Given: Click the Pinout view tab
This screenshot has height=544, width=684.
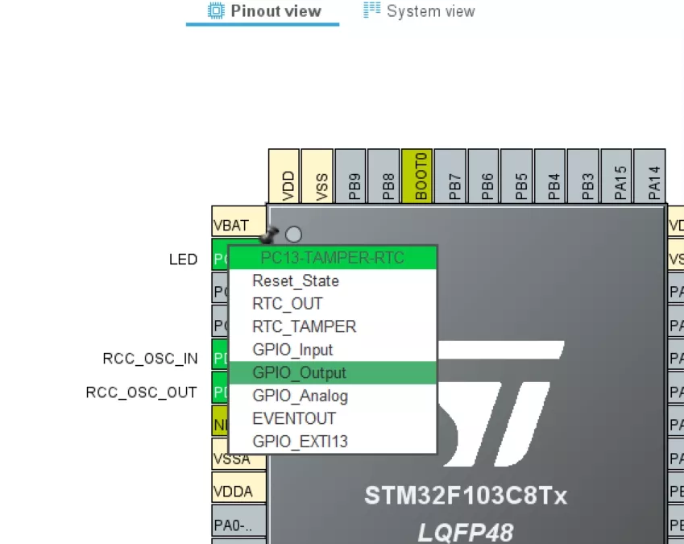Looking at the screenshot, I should click(264, 11).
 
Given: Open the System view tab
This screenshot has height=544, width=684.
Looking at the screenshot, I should click(420, 11).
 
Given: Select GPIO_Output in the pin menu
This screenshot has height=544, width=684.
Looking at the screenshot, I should click(299, 372).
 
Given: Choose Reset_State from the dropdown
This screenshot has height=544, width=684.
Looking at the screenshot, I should click(295, 280).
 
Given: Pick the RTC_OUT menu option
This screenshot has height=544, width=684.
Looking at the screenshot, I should click(287, 304).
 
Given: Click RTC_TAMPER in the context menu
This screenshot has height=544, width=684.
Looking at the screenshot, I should click(304, 326).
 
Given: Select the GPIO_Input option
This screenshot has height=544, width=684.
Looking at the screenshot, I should click(292, 350).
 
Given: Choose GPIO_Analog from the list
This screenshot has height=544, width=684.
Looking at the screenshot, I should click(300, 396).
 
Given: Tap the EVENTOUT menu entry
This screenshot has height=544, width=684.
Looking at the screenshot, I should click(293, 418).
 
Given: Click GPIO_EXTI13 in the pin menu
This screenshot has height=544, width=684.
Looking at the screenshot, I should click(300, 442).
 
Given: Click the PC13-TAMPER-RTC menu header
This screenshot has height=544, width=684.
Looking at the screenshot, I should click(332, 258).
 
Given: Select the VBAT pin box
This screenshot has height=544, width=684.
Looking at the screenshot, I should click(231, 225).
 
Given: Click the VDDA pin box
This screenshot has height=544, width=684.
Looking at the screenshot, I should click(233, 492).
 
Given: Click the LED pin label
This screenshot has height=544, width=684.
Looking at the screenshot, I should click(183, 260).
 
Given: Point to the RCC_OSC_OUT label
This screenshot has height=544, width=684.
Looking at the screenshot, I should click(141, 392).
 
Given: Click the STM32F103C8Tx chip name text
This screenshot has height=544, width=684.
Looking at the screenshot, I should click(466, 495).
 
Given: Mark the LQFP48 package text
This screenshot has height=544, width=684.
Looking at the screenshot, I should click(465, 532).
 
